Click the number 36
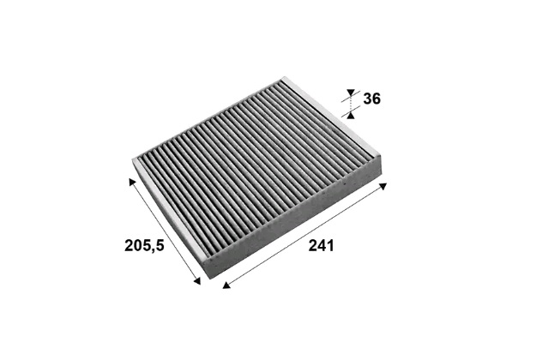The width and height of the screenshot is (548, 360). tap(371, 99)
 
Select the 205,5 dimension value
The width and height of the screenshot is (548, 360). tap(144, 245)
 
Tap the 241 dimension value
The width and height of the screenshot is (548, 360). tap(321, 245)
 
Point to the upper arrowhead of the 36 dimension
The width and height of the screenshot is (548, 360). tap(351, 93)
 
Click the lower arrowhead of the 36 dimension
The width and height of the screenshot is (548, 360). tap(351, 115)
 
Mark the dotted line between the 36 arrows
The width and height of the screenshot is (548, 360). tap(351, 104)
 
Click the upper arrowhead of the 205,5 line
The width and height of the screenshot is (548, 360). tap(132, 182)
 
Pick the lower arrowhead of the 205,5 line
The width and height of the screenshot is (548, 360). tap(197, 281)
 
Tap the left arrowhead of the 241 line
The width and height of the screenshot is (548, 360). tap(226, 285)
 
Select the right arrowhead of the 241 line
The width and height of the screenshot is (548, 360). tap(383, 186)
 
